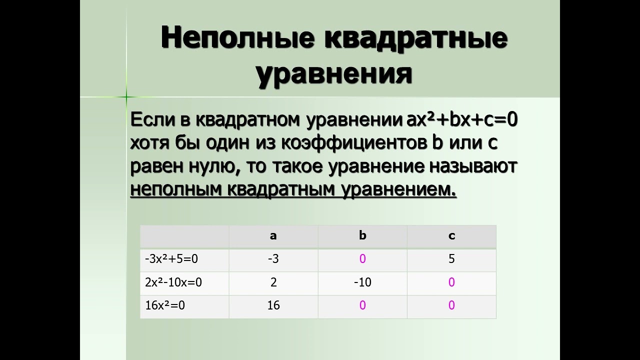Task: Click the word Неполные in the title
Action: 237,38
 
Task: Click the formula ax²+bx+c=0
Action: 462,119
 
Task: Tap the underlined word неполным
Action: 176,189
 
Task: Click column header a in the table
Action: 273,236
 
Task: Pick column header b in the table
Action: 362,235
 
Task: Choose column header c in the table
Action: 451,236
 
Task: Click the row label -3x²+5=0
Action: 171,259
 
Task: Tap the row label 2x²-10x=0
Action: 173,282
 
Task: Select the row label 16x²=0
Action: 165,305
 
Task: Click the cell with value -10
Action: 362,282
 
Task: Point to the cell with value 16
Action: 273,305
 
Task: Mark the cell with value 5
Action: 451,259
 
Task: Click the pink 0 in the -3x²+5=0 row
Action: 362,259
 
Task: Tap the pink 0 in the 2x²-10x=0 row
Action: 451,282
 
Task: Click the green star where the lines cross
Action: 126,97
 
